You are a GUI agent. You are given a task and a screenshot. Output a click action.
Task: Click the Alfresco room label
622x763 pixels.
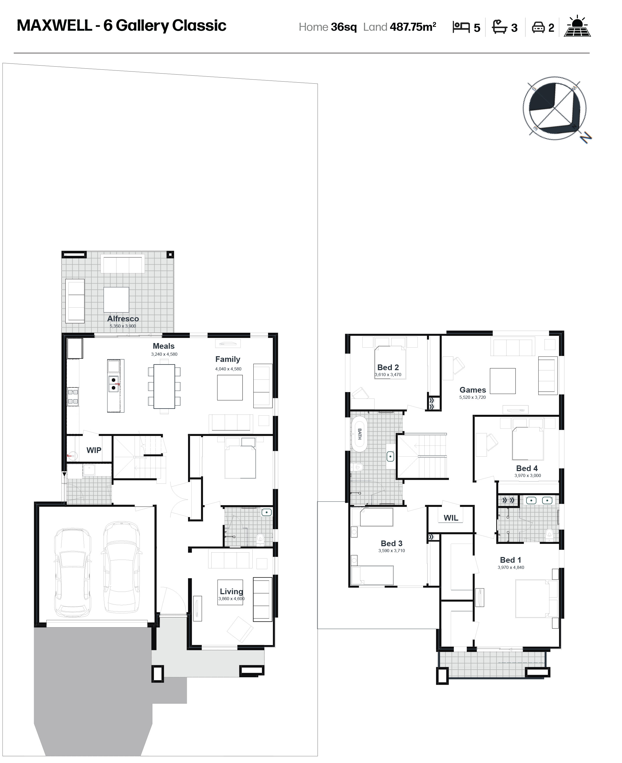123,318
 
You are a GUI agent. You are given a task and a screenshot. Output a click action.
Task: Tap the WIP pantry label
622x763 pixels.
94,450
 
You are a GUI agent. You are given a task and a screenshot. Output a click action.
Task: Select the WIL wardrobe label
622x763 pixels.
451,518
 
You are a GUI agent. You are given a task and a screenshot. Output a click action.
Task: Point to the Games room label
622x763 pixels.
473,390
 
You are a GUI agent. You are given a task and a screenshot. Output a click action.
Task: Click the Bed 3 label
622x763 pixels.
392,543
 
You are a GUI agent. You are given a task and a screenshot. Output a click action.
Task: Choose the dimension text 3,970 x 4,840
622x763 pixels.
511,567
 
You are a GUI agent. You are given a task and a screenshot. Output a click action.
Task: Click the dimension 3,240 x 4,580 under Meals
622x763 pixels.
164,354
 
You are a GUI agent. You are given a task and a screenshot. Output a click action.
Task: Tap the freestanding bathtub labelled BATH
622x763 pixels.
359,434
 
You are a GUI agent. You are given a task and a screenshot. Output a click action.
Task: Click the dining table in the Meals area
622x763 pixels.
164,386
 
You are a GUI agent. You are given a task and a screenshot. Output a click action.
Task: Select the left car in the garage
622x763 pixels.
72,572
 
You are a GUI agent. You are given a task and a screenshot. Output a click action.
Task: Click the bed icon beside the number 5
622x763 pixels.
461,27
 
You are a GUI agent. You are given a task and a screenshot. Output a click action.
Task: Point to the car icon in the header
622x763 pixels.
538,27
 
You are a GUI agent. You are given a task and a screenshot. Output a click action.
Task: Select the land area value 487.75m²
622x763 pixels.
413,27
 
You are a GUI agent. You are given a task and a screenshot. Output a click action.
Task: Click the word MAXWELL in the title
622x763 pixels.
55,25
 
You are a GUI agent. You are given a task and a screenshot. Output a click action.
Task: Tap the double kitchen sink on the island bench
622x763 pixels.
113,384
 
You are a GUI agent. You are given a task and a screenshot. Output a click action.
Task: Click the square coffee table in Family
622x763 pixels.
230,387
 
